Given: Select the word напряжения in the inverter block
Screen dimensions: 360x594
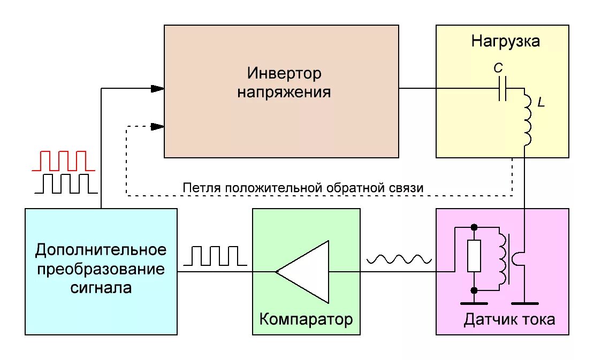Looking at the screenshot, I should point(284,92).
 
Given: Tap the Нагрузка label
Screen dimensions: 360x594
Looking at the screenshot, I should point(505,41).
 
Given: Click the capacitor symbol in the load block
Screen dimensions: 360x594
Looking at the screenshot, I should point(502,89).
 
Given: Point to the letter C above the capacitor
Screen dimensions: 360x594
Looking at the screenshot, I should point(498,68).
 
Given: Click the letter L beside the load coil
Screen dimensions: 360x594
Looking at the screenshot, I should point(541,103).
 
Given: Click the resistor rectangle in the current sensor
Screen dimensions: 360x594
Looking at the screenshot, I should point(474,256).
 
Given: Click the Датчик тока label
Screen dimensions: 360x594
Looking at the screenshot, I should point(509,319).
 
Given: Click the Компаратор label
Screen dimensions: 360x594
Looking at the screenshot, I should point(306,319).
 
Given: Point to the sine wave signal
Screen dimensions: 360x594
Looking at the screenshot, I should point(399,259).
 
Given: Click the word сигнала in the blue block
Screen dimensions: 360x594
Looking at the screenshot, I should point(101,288).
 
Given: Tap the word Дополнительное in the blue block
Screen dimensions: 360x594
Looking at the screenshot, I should point(101,250).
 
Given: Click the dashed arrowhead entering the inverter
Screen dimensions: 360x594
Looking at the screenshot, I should point(157,127).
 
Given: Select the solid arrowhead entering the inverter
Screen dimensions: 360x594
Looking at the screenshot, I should point(157,88).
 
